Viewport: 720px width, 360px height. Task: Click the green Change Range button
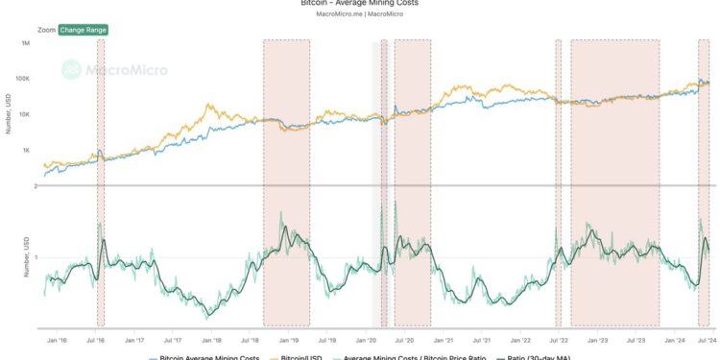[83, 30]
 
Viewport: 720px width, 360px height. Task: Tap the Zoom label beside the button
[46, 30]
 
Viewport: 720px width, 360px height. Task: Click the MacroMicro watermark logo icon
[71, 69]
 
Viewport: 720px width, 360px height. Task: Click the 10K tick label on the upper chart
[26, 114]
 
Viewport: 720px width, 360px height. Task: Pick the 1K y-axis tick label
[28, 151]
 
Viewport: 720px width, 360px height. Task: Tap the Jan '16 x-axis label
[57, 340]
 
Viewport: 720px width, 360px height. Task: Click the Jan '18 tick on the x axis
[211, 340]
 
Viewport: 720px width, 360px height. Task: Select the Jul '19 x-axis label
[327, 340]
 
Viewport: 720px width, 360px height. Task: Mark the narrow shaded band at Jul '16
[101, 182]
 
